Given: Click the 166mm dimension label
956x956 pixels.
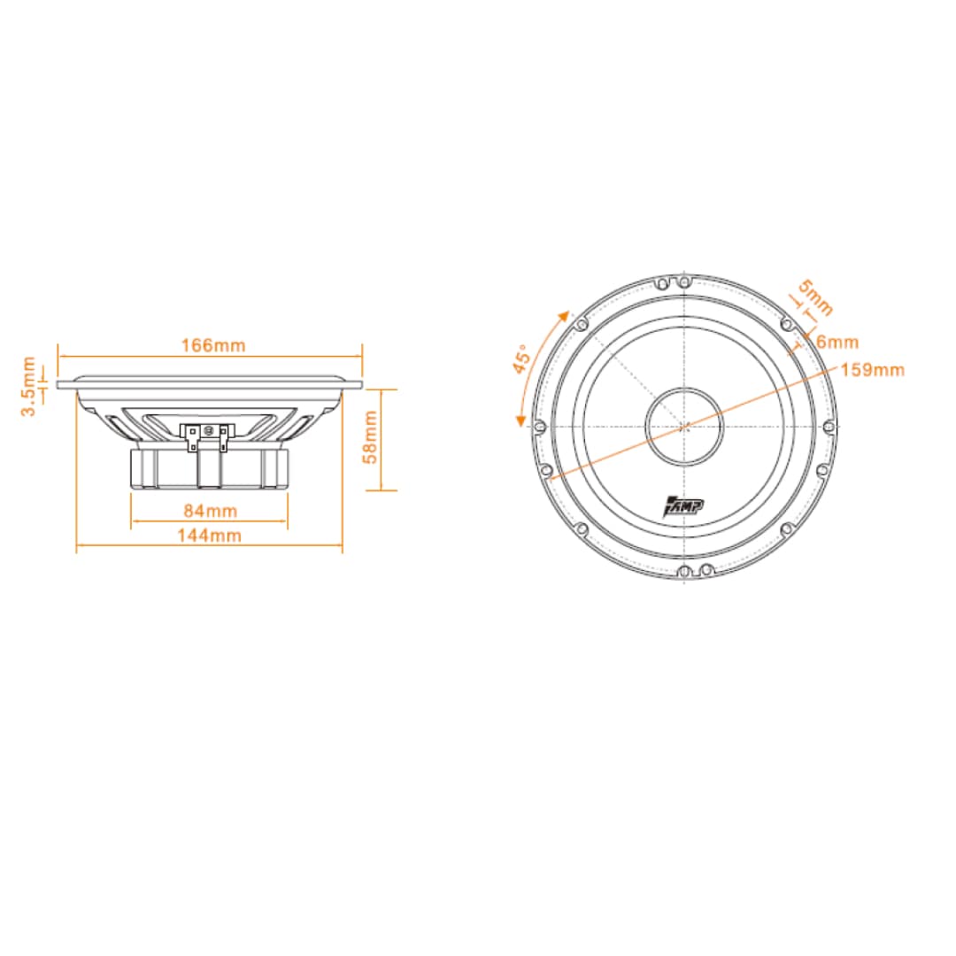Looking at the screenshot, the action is pyautogui.click(x=213, y=345).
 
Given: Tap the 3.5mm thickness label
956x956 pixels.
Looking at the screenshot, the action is pyautogui.click(x=28, y=387).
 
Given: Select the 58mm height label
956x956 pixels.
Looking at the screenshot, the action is pyautogui.click(x=370, y=436).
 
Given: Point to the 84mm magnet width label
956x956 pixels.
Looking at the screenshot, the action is pyautogui.click(x=211, y=511).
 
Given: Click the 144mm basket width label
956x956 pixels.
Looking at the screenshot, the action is pyautogui.click(x=209, y=536).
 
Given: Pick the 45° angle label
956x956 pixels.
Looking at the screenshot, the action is pyautogui.click(x=522, y=359).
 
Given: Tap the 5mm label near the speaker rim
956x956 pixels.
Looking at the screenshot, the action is pyautogui.click(x=816, y=297).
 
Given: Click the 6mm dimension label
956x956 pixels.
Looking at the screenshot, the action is pyautogui.click(x=837, y=342).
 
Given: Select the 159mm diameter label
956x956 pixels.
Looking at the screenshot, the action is pyautogui.click(x=873, y=369).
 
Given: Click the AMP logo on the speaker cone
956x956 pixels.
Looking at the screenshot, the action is pyautogui.click(x=682, y=506).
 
